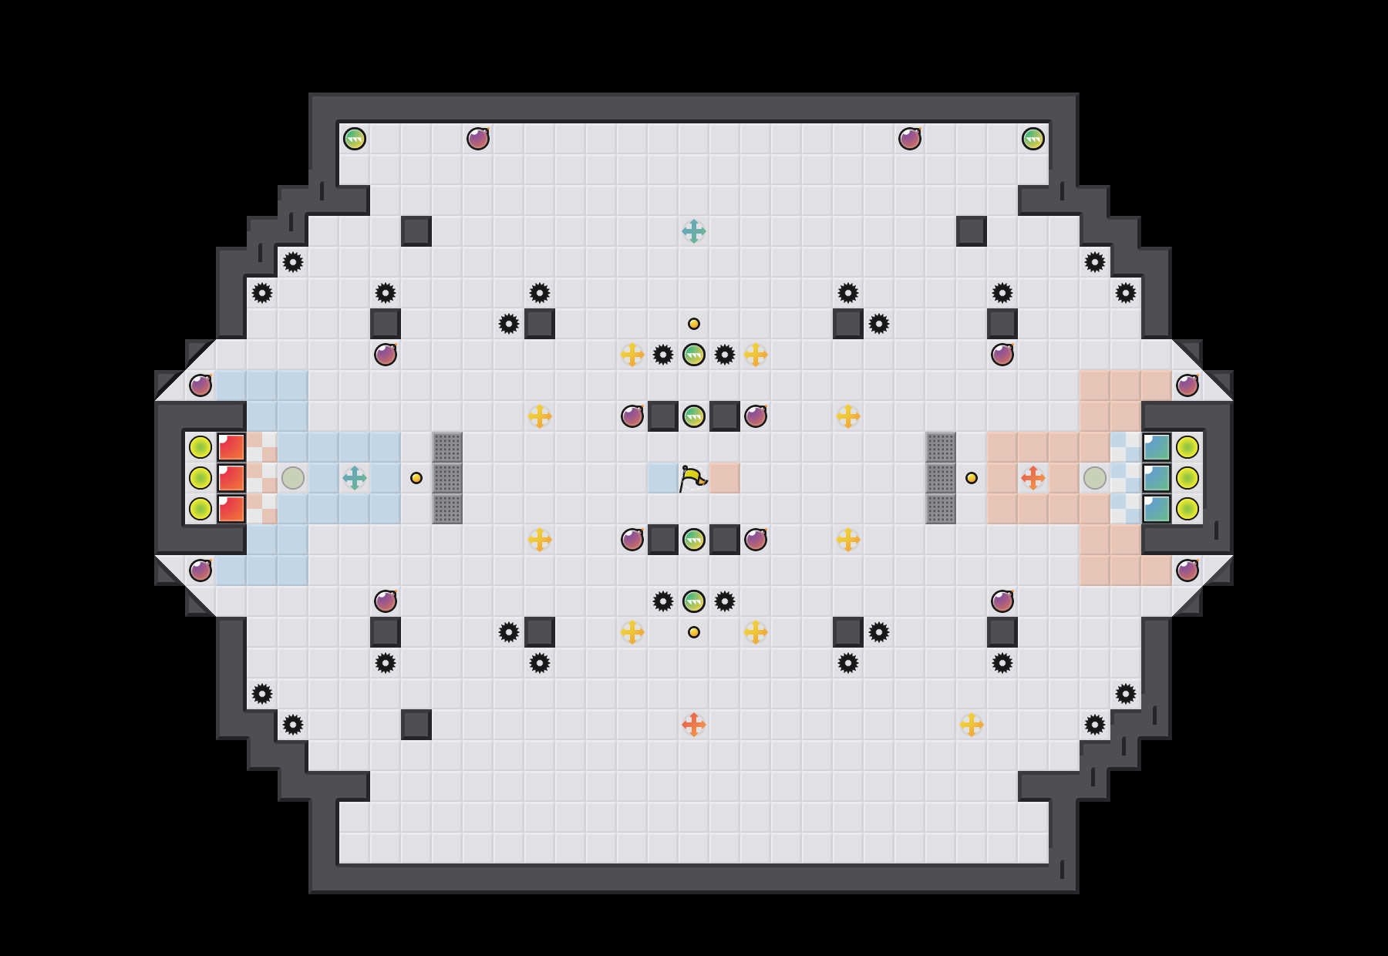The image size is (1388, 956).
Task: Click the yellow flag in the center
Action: [x=692, y=478]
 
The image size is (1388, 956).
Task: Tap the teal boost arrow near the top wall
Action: [x=694, y=231]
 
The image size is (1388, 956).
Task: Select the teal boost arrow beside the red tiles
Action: [x=355, y=478]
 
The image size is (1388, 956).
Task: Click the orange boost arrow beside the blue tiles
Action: [x=1033, y=478]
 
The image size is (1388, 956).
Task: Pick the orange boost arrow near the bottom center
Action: [x=694, y=725]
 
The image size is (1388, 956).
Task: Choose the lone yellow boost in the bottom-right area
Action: [x=972, y=725]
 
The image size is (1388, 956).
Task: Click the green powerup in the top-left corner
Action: [x=355, y=139]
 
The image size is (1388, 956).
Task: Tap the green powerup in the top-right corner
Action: [x=1033, y=139]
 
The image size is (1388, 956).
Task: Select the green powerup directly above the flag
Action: [x=694, y=416]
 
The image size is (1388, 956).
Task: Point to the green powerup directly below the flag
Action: [x=694, y=540]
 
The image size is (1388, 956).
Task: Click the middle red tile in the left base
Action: [x=231, y=478]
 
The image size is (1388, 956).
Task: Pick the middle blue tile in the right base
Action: [x=1157, y=478]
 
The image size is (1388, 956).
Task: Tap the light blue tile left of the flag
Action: [x=662, y=478]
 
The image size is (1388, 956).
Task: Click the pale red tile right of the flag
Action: [x=725, y=478]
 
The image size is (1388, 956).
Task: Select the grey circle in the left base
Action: [x=293, y=478]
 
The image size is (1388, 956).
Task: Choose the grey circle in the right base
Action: [x=1095, y=478]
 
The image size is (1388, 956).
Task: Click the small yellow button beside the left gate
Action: [x=416, y=478]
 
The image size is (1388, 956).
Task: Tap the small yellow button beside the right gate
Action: [x=972, y=478]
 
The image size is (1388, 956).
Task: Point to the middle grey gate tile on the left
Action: [x=447, y=478]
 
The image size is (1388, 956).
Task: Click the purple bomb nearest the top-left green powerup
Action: [x=478, y=139]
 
